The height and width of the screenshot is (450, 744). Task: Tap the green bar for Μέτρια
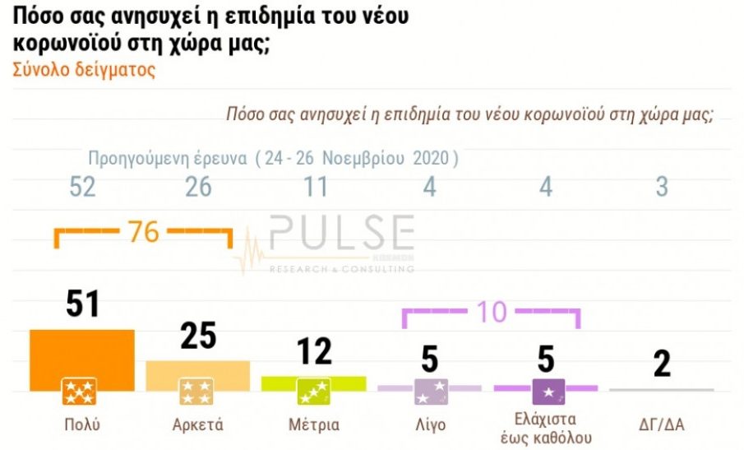pos(313,381)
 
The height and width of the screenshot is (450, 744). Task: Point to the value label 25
pos(197,335)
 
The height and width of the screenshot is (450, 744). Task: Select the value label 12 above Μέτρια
pos(313,351)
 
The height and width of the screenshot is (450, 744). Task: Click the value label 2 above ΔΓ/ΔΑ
pos(662,363)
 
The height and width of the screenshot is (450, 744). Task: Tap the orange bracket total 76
pos(144,232)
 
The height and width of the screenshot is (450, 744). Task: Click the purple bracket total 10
pos(492,313)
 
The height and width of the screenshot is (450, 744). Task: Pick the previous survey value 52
pos(82,188)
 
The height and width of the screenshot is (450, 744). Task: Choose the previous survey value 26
pos(198,188)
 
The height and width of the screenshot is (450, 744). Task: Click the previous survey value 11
pos(313,188)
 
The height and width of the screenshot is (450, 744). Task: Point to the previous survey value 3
pos(662,188)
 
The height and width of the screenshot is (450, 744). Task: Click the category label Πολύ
pos(81,425)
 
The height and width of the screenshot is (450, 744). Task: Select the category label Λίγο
pos(429,425)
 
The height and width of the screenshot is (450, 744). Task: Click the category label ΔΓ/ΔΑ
pos(662,425)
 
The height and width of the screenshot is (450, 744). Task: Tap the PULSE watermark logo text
pos(341,234)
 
